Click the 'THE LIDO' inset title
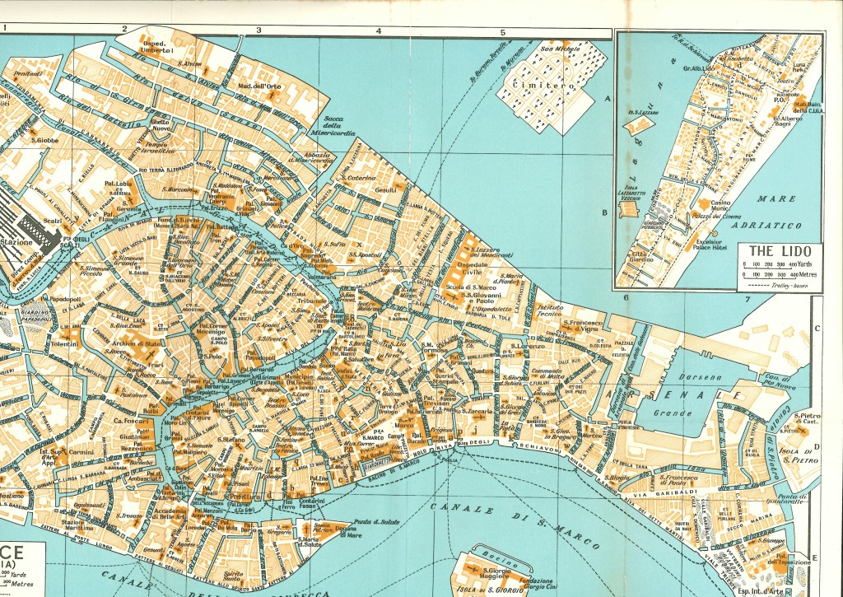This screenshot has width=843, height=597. (779, 250)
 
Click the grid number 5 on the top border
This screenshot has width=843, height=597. (501, 32)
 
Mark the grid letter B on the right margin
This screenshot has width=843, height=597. (605, 212)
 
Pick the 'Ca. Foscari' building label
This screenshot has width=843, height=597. (130, 421)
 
